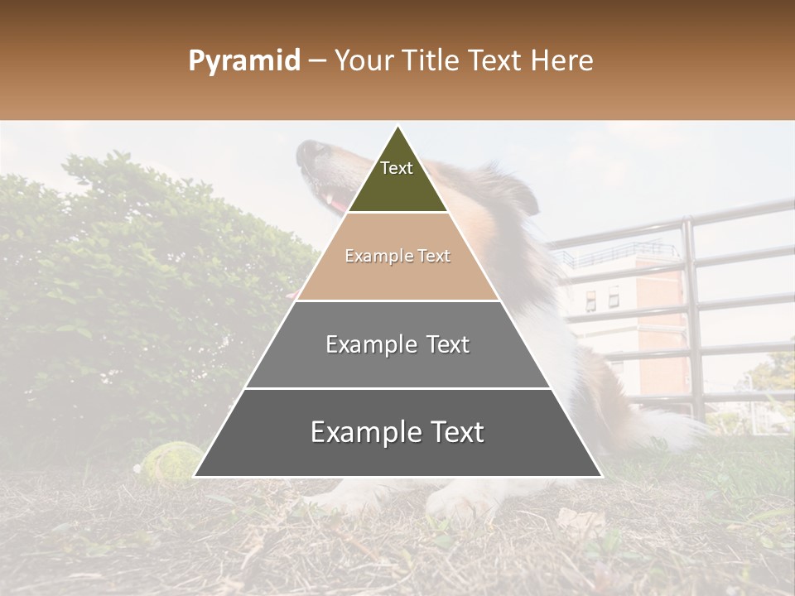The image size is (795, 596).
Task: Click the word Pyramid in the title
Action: point(244,61)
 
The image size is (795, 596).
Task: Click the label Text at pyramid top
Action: point(397,168)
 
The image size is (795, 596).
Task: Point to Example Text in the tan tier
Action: point(397,256)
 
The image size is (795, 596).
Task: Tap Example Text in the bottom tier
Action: point(397,432)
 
